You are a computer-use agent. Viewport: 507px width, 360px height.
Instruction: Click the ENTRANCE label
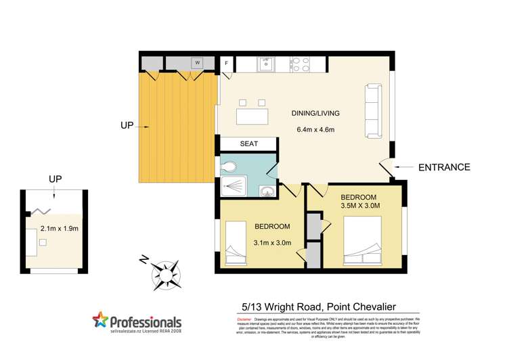tap(444, 167)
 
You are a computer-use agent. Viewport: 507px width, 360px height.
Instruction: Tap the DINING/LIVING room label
tap(315, 113)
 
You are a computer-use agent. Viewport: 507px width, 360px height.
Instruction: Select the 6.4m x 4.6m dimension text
tap(315, 129)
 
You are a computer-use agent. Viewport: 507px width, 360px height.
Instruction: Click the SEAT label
tap(249, 144)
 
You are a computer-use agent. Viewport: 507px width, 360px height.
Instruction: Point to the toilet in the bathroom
tap(229, 165)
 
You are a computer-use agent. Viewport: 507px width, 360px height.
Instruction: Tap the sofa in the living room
tap(373, 102)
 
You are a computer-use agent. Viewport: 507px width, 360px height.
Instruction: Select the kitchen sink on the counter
tap(265, 64)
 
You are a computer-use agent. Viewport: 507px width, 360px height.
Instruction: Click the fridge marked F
tap(226, 64)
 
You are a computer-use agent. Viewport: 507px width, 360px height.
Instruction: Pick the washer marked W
tap(198, 63)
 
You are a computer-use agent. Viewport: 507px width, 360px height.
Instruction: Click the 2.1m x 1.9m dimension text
tap(60, 229)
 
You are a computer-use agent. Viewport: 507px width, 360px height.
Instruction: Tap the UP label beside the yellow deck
tap(127, 125)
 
